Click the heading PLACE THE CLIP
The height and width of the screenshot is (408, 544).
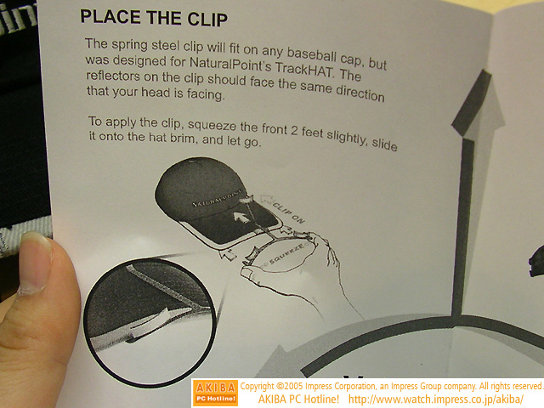(154, 18)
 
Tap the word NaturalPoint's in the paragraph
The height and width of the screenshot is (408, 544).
(230, 65)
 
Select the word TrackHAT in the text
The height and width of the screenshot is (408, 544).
(304, 69)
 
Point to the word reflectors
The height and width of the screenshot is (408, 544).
(113, 76)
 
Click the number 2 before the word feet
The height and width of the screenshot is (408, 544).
(294, 130)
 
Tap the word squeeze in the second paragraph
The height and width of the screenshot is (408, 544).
(212, 126)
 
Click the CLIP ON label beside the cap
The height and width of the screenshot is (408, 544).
(288, 212)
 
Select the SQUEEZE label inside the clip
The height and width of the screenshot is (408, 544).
(288, 254)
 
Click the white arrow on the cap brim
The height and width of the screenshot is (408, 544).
(241, 218)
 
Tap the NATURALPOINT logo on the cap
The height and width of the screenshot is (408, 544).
(216, 199)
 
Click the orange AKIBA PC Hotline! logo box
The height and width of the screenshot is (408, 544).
(215, 393)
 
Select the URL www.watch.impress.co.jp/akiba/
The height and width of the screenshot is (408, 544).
(436, 399)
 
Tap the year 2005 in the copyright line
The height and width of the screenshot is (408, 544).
(294, 386)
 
